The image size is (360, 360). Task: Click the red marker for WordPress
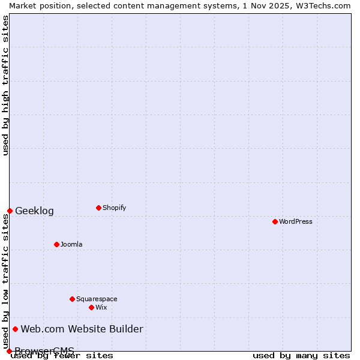coord(275,221)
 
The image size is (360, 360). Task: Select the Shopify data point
coord(98,208)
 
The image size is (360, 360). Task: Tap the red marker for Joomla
coord(56,244)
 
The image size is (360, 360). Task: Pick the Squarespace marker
coord(72,299)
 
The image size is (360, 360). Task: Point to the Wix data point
coord(91,307)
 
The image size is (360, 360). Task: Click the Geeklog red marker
coord(10,211)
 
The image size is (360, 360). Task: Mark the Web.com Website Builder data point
coord(15,329)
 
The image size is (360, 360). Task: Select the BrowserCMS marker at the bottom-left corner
coord(9,351)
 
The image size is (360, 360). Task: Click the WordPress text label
coord(296,221)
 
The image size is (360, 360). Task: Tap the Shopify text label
coord(114,208)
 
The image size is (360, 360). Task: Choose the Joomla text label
coord(71,244)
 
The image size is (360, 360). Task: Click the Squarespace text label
coord(97,299)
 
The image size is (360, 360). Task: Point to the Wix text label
coord(101,307)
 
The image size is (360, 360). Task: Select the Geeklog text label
coord(34,211)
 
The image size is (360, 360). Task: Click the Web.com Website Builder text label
coord(82,329)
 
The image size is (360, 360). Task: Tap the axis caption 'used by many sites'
coord(301,355)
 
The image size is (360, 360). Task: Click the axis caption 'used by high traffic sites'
coord(5,85)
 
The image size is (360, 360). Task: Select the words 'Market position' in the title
coord(37,5)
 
